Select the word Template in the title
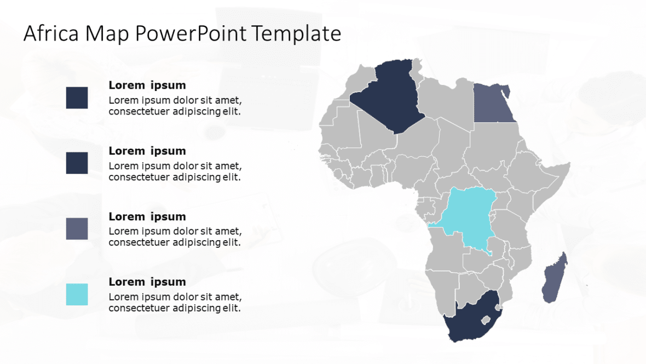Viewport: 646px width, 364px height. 296,34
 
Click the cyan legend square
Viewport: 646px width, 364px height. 77,294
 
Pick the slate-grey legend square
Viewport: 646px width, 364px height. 77,229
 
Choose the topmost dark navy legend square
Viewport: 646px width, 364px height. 77,98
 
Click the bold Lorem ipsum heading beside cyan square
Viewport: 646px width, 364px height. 147,282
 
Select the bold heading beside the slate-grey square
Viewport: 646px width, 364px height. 147,217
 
